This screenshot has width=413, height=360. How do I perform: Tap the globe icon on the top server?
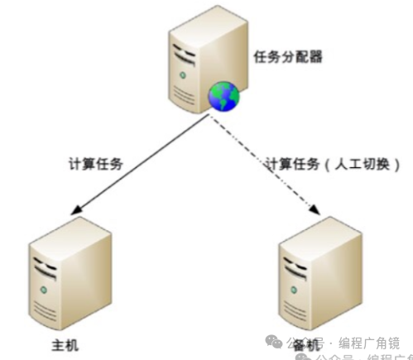[221, 98]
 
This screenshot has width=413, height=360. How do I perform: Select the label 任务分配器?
[286, 57]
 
